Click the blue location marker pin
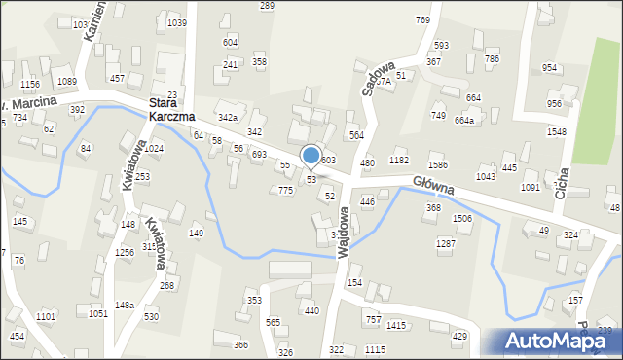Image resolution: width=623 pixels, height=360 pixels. tap(311, 156)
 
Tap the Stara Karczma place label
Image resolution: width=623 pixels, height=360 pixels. tap(172, 108)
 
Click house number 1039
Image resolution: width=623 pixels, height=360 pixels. tap(176, 22)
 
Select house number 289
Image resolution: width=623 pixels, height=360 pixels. tap(267, 6)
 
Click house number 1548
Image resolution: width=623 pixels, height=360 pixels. tap(556, 131)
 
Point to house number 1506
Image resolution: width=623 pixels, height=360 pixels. tap(462, 219)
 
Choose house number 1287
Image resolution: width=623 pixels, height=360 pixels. tap(445, 243)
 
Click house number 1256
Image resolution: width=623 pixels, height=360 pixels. tap(124, 253)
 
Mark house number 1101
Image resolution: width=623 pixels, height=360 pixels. tap(46, 317)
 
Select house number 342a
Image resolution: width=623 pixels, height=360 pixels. tap(228, 118)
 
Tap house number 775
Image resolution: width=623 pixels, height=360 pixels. tap(285, 191)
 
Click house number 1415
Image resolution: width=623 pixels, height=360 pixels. tap(396, 325)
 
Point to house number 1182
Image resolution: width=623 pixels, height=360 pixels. tap(399, 160)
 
